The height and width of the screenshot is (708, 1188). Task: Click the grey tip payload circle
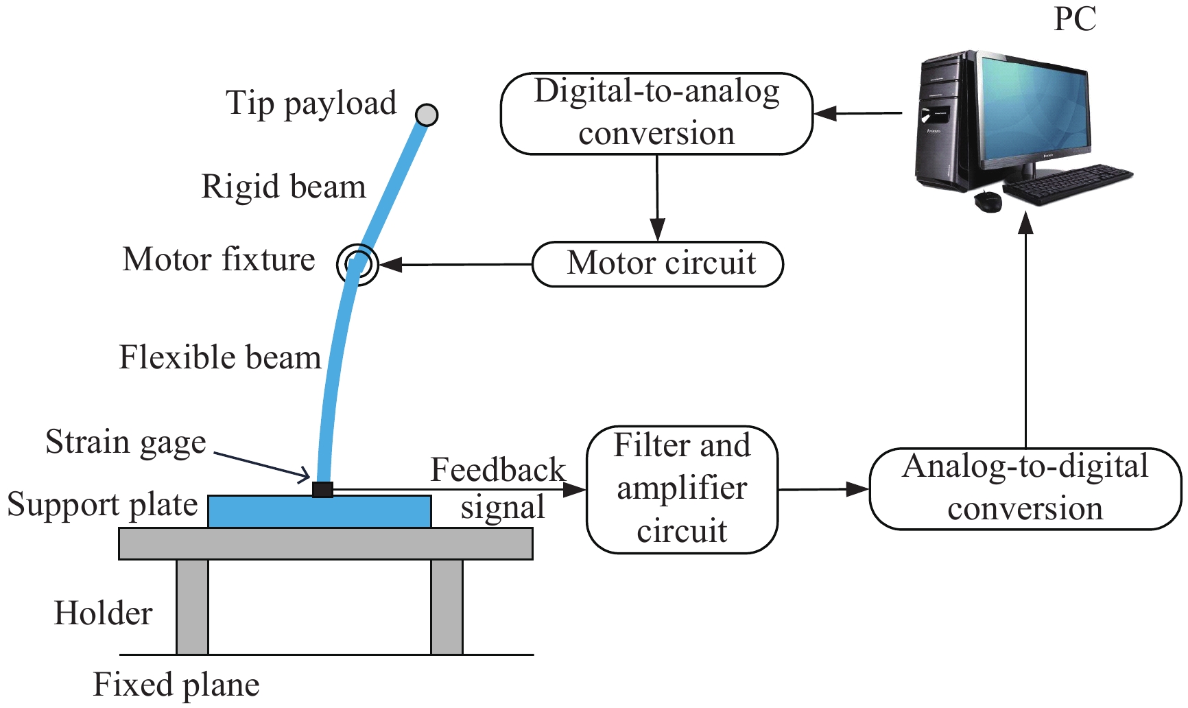pos(427,115)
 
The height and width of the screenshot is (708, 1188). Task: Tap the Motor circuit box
pos(658,264)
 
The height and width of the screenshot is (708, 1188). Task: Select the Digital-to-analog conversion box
pos(657,114)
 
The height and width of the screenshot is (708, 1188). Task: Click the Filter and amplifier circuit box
pos(682,490)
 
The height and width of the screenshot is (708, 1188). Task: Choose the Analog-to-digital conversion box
pos(1025,489)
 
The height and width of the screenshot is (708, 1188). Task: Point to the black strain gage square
pos(322,489)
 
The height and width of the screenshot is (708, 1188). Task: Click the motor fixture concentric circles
pos(357,264)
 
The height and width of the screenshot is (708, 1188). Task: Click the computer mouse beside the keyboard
pos(988,201)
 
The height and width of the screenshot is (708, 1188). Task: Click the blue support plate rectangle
pos(320,512)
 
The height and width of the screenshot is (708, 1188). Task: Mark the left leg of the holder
pos(192,607)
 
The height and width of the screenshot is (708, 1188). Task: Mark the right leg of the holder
pos(447,607)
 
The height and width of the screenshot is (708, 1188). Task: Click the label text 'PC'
pos(1075,19)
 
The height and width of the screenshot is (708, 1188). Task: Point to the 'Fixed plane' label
pos(176,685)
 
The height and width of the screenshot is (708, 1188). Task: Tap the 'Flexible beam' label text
pos(220,357)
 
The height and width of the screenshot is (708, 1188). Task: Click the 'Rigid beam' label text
pos(283,187)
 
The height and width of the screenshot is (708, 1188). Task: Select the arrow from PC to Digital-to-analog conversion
pos(858,113)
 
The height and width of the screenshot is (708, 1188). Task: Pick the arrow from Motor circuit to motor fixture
pos(455,264)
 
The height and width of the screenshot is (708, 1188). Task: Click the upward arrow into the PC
pos(1025,329)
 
